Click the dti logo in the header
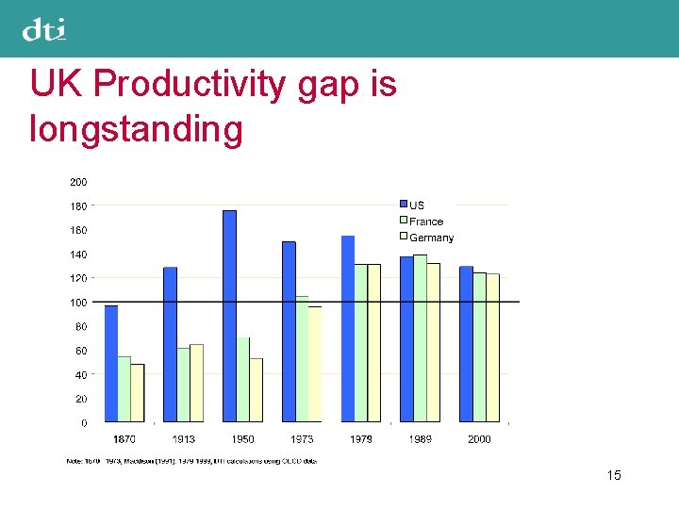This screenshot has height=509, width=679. point(44,30)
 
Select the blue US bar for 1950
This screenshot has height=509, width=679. point(229,316)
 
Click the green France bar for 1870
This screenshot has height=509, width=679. point(124,388)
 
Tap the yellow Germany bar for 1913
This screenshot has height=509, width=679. point(196,383)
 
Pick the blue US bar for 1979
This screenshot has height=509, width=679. point(347,328)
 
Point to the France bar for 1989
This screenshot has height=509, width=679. point(420,337)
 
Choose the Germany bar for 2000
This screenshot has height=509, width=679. point(493,347)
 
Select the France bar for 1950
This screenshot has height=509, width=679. point(243,379)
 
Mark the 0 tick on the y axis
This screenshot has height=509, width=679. point(83,423)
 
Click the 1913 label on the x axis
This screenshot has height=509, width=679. point(184,439)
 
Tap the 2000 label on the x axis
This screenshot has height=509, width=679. point(479,439)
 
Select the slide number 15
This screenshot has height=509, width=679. point(614,476)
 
